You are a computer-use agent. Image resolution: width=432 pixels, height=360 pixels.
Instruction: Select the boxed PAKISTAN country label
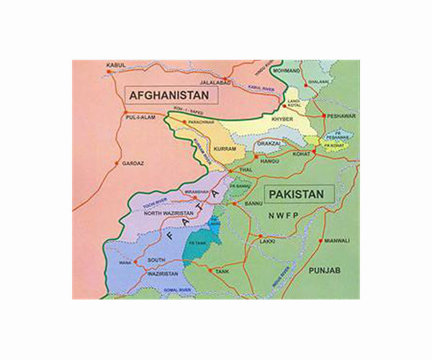tap(295, 194)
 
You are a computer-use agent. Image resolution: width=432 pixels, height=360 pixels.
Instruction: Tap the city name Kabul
tap(115, 64)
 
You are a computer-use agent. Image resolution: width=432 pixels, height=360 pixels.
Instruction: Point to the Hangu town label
tap(269, 162)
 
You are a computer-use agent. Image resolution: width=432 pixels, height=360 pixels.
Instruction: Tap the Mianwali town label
tap(336, 240)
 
